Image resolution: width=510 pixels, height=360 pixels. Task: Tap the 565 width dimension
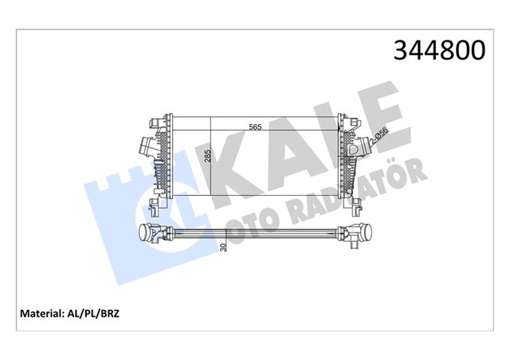[255, 126]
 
